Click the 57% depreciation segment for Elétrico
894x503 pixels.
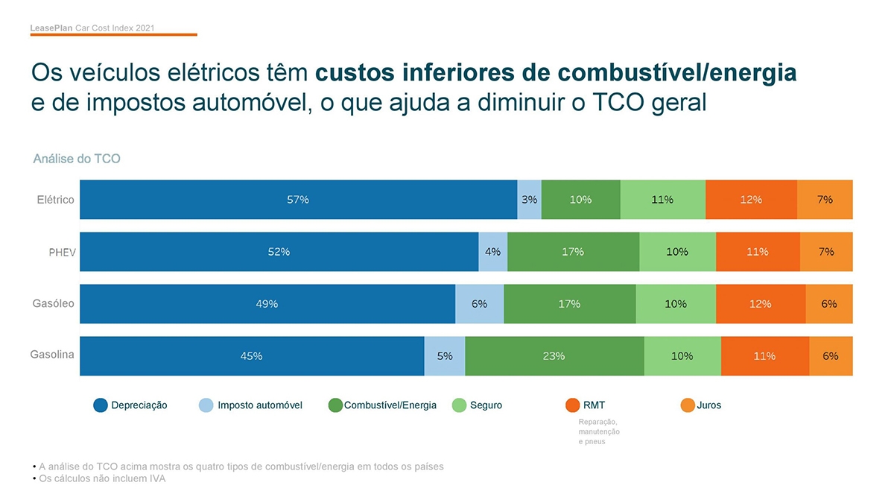(298, 200)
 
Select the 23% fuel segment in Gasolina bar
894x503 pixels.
(554, 356)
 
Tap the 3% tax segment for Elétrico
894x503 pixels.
(529, 200)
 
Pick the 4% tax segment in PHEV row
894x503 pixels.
(492, 252)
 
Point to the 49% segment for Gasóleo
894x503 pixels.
(267, 304)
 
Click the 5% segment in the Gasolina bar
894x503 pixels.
(445, 356)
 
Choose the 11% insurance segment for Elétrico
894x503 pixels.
(662, 200)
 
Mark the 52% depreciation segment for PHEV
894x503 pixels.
(279, 252)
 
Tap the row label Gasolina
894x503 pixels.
(52, 355)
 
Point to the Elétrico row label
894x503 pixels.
(56, 200)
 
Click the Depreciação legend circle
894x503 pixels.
(101, 405)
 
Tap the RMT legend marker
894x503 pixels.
(572, 405)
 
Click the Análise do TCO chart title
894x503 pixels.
(77, 159)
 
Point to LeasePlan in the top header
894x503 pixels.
(52, 28)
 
